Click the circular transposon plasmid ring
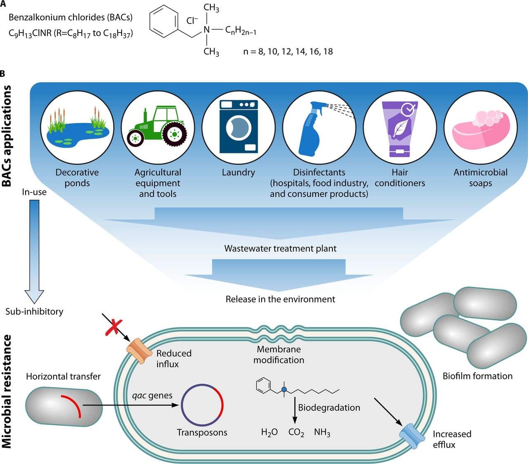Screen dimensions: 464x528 point(202,405)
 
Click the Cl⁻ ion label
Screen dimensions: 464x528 point(192,20)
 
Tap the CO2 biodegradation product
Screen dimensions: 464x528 point(296,433)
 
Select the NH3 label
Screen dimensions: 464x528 point(322,433)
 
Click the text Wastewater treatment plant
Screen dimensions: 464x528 point(280,249)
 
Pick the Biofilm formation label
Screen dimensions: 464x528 point(477,376)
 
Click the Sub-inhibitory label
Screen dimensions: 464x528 point(34,311)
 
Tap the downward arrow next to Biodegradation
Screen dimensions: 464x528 point(295,409)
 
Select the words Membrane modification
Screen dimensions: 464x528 point(279,355)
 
